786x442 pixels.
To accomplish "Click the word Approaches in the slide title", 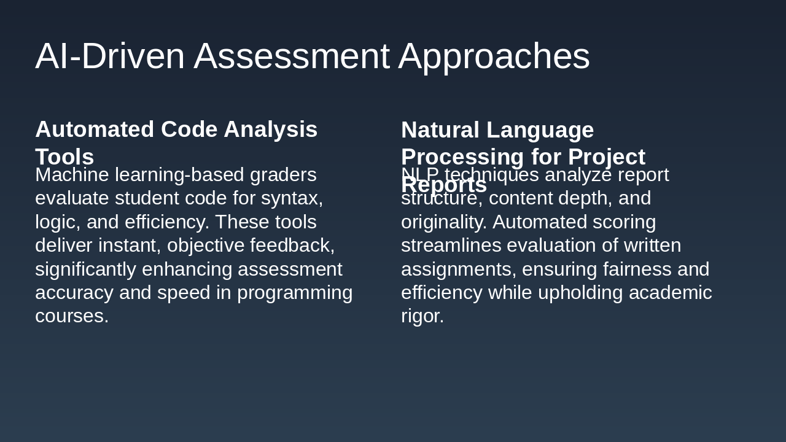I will [x=494, y=56].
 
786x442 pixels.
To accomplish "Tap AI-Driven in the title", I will [x=110, y=56].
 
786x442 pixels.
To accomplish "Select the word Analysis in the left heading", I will [x=270, y=130].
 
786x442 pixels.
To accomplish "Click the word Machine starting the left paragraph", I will [x=72, y=175].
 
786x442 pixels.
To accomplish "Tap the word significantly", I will [x=85, y=269].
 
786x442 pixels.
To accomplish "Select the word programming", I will [x=295, y=293].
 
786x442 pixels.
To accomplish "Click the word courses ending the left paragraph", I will [x=71, y=316].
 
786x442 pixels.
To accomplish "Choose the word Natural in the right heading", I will [x=440, y=130].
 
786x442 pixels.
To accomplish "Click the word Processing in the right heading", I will [x=462, y=157].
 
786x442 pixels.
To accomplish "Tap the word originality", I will [x=443, y=222].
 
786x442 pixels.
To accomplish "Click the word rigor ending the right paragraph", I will [x=422, y=316].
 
